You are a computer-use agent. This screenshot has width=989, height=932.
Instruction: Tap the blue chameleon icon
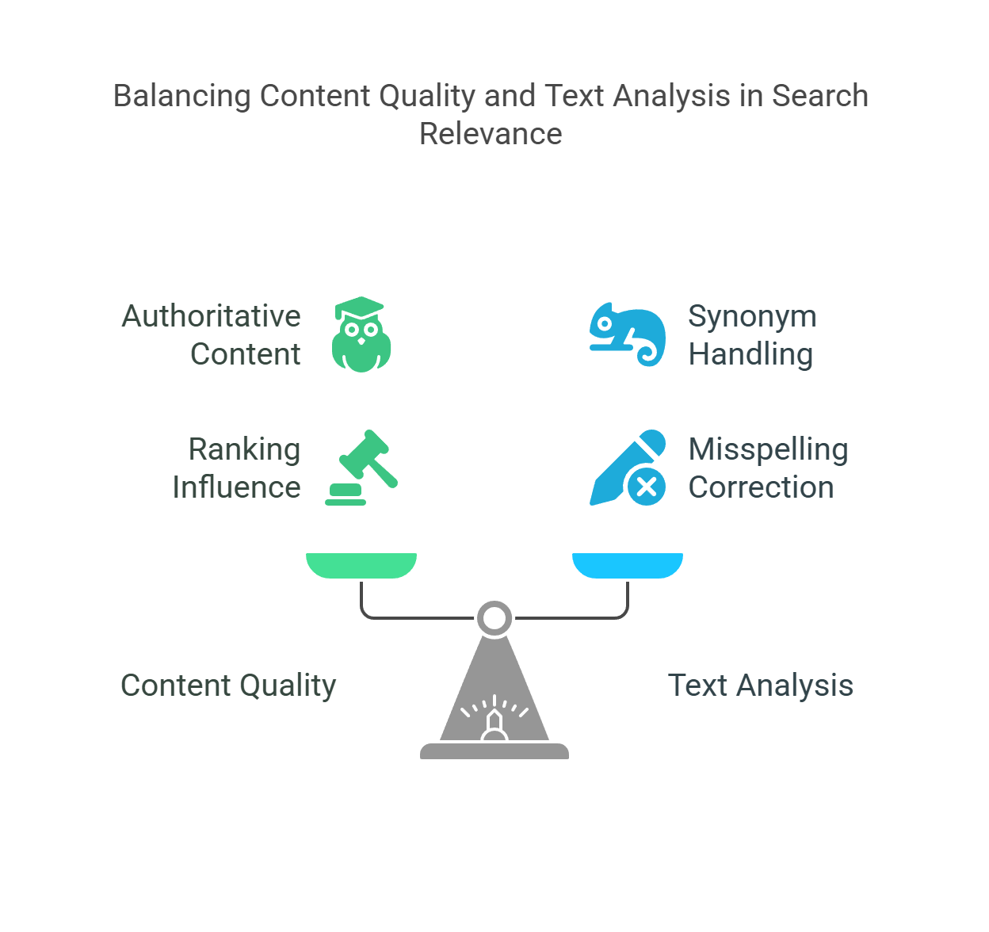[x=626, y=334]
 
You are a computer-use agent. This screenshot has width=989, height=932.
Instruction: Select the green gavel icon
[x=363, y=467]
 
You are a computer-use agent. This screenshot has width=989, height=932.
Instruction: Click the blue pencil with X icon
[x=628, y=468]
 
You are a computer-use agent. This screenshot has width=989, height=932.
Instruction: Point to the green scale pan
[x=361, y=564]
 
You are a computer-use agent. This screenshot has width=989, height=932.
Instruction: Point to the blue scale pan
[x=628, y=564]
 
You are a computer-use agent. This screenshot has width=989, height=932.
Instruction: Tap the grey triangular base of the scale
[x=494, y=697]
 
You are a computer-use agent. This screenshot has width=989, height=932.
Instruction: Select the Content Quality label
[x=228, y=686]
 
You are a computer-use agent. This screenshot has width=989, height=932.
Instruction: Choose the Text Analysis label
[x=761, y=686]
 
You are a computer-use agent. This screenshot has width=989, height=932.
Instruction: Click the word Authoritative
[x=211, y=316]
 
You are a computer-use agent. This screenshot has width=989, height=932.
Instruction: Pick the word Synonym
[x=752, y=316]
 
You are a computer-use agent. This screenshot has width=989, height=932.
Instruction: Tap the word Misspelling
[x=768, y=449]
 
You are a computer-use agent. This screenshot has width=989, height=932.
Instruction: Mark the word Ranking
[x=244, y=449]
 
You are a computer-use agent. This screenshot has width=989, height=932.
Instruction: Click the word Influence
[x=236, y=487]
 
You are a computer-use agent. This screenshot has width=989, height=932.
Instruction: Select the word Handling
[x=750, y=353]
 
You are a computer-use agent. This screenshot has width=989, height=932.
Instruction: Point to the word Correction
[x=761, y=487]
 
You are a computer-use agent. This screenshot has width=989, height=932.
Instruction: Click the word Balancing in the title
[x=182, y=96]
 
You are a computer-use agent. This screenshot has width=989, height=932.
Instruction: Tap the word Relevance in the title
[x=491, y=133]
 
